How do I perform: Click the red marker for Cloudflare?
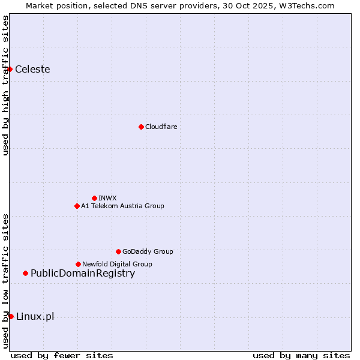tap(141, 127)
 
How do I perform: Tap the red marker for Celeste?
tap(10, 69)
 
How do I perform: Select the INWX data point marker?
tap(94, 198)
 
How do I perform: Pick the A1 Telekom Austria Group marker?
tap(77, 206)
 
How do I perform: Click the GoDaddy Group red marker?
tap(118, 251)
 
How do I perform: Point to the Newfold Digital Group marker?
tap(78, 264)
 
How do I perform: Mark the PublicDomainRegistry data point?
tap(25, 274)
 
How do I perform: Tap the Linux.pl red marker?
tap(11, 316)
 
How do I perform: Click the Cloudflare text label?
tap(161, 127)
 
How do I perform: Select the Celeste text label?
tap(32, 69)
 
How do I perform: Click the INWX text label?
tap(107, 198)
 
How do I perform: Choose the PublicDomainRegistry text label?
tap(83, 274)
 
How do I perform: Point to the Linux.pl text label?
tap(35, 316)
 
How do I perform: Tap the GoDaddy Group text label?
tap(148, 251)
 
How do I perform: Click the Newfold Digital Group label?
tap(117, 264)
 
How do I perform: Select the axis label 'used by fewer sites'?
tap(62, 355)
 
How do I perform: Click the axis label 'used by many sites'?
tap(301, 355)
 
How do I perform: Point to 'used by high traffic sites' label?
tap(5, 85)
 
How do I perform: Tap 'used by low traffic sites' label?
tap(5, 280)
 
